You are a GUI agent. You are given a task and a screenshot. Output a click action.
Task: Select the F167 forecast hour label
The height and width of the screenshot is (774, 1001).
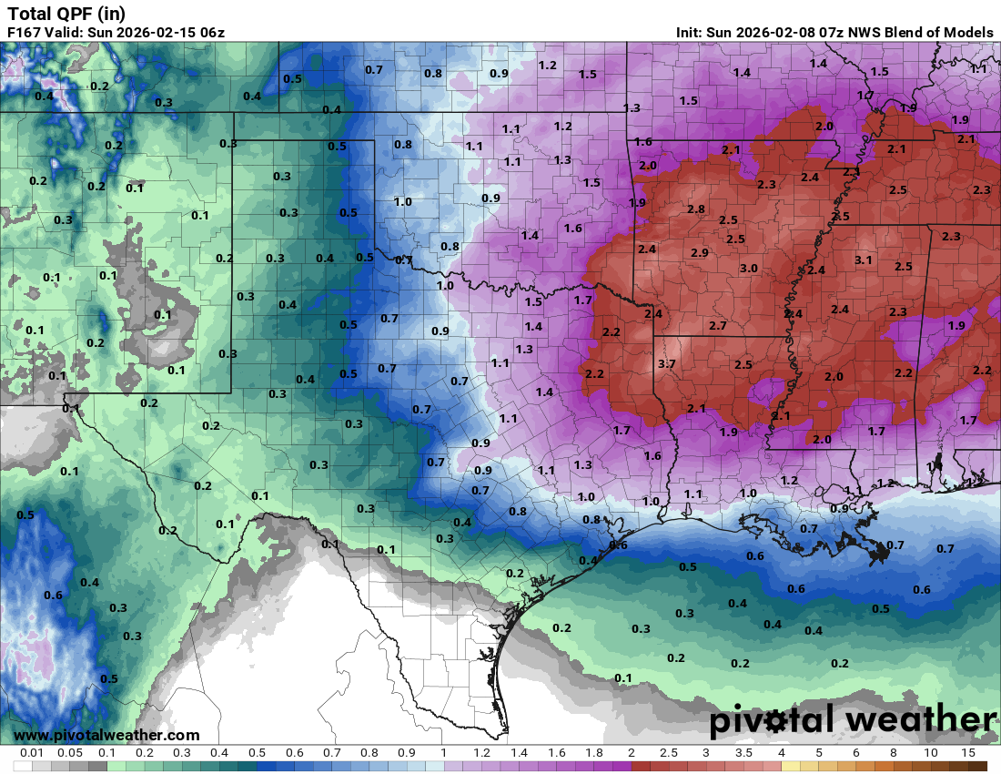pyautogui.click(x=25, y=33)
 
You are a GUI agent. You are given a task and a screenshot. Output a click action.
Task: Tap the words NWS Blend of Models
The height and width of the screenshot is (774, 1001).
pyautogui.click(x=920, y=33)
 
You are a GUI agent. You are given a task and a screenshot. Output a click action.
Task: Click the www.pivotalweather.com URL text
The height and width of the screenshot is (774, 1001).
pyautogui.click(x=106, y=735)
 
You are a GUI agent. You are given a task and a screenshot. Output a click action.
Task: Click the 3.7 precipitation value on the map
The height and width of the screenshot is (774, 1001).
pyautogui.click(x=667, y=364)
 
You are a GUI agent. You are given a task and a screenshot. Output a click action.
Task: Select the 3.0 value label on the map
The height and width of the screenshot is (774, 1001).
pyautogui.click(x=749, y=268)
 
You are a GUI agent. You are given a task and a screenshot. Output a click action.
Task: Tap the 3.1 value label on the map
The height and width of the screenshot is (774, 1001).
pyautogui.click(x=864, y=260)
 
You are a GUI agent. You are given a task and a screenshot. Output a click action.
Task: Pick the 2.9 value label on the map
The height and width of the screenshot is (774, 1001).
pyautogui.click(x=700, y=252)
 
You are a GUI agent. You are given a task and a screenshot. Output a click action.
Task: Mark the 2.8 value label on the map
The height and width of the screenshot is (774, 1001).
pyautogui.click(x=696, y=209)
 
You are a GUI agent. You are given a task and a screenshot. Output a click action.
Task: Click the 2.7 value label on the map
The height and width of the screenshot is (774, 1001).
pyautogui.click(x=718, y=325)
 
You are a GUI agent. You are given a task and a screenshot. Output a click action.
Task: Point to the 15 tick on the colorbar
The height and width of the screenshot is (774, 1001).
pyautogui.click(x=968, y=753)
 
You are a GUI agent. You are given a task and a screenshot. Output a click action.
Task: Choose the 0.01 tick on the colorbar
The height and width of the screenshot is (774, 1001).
pyautogui.click(x=33, y=753)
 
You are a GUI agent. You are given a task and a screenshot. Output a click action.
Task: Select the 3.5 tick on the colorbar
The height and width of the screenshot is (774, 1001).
pyautogui.click(x=743, y=753)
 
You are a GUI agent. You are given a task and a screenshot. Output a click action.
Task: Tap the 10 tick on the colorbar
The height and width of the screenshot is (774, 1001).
pyautogui.click(x=931, y=753)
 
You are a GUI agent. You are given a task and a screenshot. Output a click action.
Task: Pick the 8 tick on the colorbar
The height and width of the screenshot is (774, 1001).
pyautogui.click(x=894, y=753)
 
